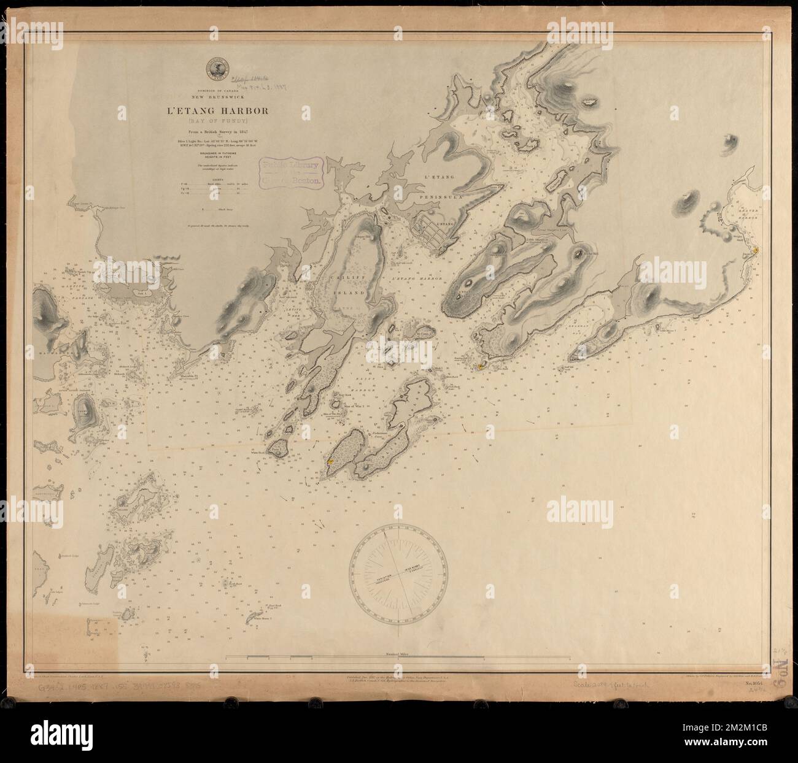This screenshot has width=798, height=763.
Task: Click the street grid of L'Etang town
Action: (x=433, y=230)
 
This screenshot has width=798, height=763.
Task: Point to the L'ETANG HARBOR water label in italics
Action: (x=417, y=280)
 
